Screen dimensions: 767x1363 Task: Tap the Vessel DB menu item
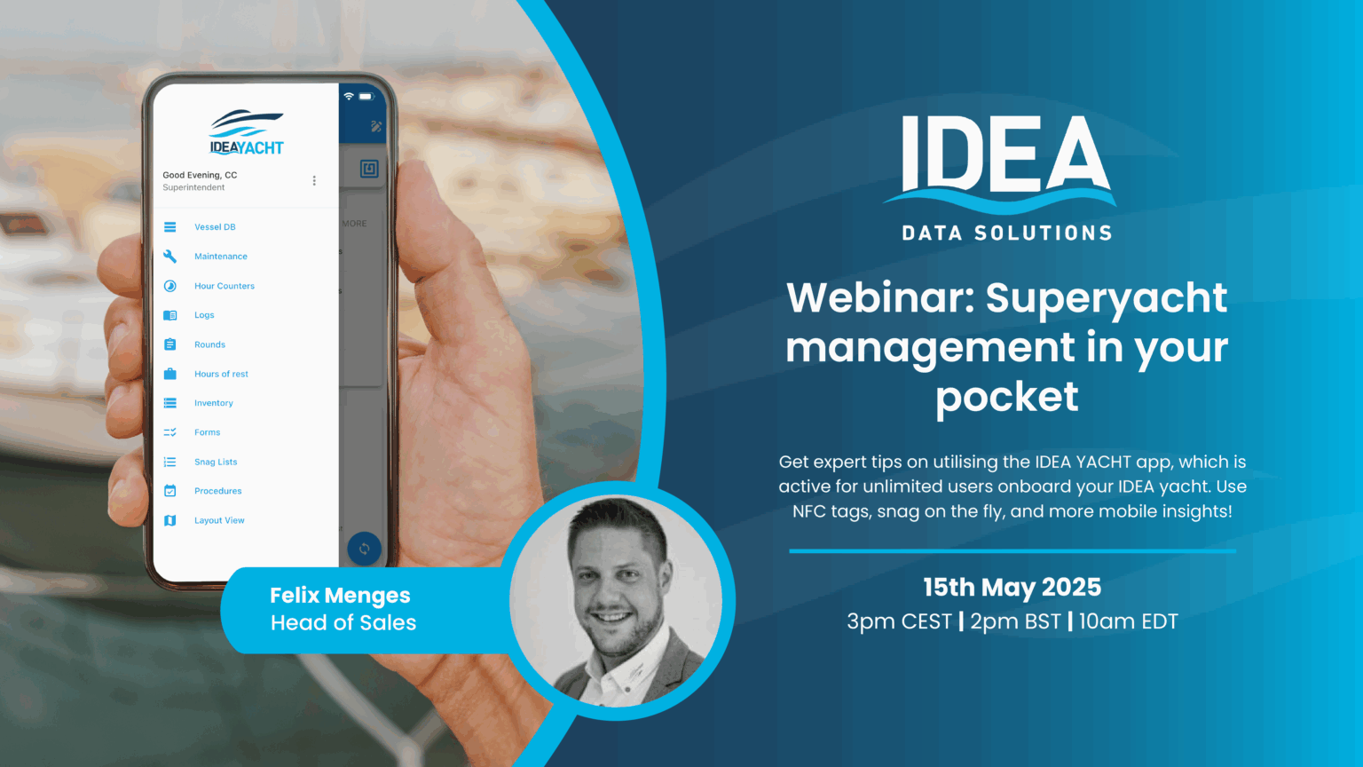click(215, 227)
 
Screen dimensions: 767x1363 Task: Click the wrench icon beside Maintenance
click(170, 257)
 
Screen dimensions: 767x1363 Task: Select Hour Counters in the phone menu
click(224, 286)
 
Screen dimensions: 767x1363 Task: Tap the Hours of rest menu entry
click(221, 374)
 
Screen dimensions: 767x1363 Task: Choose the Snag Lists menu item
click(216, 462)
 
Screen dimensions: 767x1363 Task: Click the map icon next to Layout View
click(170, 520)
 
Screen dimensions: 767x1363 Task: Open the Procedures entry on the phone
click(217, 491)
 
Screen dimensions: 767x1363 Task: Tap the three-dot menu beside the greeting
click(314, 181)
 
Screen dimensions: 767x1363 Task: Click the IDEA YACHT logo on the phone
click(246, 132)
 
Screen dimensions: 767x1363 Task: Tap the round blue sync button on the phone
click(364, 550)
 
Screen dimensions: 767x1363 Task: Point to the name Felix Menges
click(340, 595)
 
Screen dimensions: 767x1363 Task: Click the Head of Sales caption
click(343, 623)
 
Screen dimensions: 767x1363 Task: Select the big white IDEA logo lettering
click(1005, 155)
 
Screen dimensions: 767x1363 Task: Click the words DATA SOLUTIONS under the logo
click(1006, 233)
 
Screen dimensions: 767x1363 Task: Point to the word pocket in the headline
click(1006, 397)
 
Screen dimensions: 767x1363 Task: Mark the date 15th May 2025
click(1012, 588)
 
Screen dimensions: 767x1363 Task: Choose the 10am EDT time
click(1128, 621)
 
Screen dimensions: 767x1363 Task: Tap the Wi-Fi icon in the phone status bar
click(349, 96)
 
